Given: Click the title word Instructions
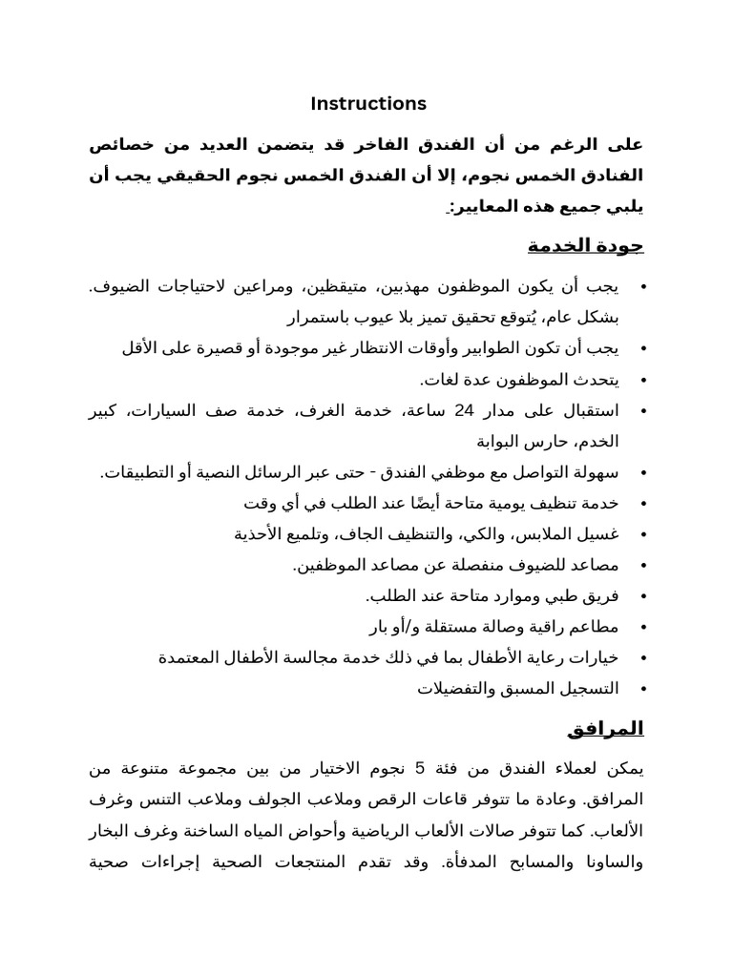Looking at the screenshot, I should tap(368, 103).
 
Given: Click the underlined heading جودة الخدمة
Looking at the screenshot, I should tap(586, 246).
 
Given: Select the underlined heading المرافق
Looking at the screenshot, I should tap(606, 730).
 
